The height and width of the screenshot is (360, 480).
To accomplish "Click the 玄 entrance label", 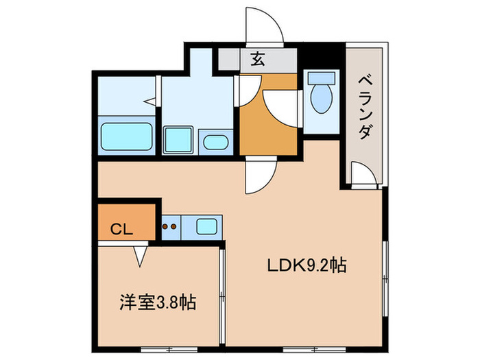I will (x=257, y=60).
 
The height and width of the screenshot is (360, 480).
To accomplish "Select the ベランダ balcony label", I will (x=365, y=106).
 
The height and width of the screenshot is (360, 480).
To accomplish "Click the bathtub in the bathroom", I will (x=126, y=136).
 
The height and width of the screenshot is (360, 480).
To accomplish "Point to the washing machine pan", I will (x=180, y=141).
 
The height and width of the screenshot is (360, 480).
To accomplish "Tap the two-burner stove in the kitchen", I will (x=169, y=226).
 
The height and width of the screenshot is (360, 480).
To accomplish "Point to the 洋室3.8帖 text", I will (x=158, y=302).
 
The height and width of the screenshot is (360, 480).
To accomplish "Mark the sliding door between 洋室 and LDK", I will (x=222, y=295).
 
